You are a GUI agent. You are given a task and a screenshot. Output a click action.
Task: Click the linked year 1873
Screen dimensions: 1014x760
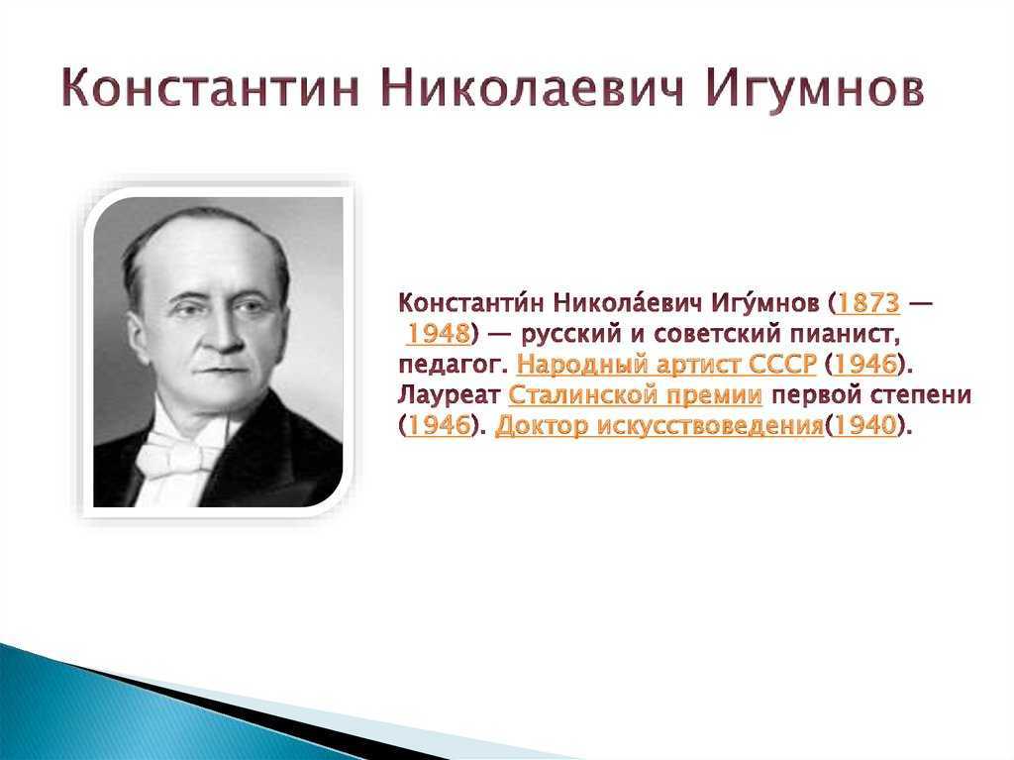(x=868, y=302)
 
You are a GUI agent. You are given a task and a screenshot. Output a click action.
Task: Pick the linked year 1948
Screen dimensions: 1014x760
(x=438, y=333)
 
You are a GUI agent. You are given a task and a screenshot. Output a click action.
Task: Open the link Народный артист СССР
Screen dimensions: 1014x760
(x=666, y=365)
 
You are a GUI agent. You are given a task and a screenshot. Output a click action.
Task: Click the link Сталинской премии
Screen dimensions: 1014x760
(x=635, y=395)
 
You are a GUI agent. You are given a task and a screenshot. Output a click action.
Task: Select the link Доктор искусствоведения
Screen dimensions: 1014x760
(x=659, y=427)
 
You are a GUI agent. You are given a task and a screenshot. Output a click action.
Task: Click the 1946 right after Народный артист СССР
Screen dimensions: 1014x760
(x=865, y=365)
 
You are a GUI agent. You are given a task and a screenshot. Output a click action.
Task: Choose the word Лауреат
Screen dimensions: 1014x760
(x=449, y=395)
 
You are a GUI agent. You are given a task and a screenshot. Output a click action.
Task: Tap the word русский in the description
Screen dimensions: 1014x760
(x=569, y=335)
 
